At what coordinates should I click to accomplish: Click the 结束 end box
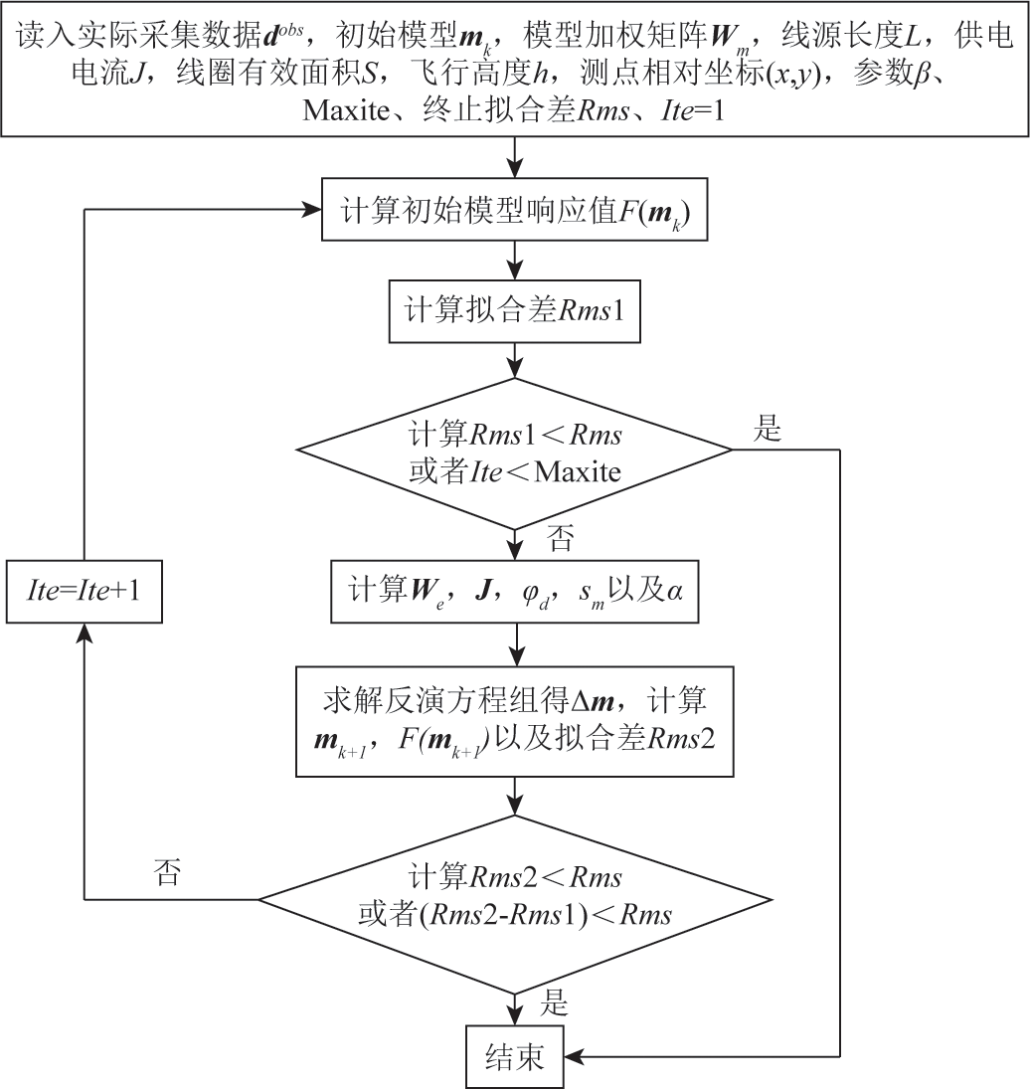tap(514, 1056)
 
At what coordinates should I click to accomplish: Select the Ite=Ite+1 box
tap(85, 592)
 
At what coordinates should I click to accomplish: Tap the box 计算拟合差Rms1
tap(514, 310)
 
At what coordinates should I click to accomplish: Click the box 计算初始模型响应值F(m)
tap(514, 210)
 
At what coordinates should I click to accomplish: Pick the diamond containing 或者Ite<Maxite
tap(514, 454)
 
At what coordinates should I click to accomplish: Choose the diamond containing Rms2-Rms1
tap(515, 899)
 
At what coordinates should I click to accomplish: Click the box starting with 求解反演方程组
tap(515, 721)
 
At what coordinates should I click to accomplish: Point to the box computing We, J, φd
tap(515, 592)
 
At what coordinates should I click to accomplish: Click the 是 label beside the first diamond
tap(768, 429)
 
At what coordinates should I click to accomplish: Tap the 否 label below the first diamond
tap(560, 538)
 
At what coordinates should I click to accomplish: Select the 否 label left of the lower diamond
tap(167, 872)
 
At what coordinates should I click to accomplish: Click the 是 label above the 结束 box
tap(553, 1003)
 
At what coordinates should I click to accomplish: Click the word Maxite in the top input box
tap(345, 110)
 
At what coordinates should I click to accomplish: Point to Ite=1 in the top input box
tap(692, 110)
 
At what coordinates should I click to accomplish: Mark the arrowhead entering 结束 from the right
tap(573, 1056)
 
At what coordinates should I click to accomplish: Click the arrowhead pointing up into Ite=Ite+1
tap(85, 632)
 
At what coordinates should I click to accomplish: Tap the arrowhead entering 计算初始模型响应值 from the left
tap(312, 209)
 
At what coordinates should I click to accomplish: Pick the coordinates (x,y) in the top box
tap(793, 73)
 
